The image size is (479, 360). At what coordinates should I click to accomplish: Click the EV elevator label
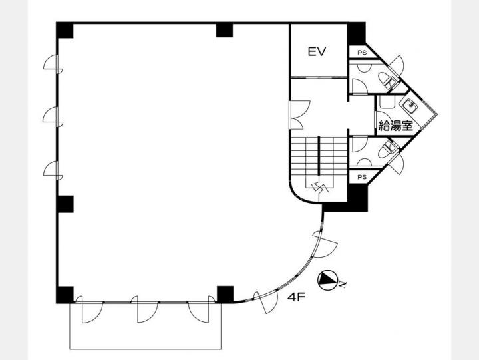pos(317,51)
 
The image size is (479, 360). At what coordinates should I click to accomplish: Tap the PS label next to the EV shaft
pos(362,53)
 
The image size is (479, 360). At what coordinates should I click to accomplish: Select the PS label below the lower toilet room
pos(362,177)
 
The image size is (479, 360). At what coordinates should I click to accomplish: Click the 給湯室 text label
pos(396,125)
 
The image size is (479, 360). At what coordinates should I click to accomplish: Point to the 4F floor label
pos(296,297)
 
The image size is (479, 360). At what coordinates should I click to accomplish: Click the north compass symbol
pos(328,280)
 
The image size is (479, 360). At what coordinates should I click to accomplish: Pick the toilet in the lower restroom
pos(387,150)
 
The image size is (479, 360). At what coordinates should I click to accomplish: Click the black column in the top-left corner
pos(65,30)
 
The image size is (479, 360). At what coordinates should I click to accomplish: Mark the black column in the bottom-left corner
pos(65,295)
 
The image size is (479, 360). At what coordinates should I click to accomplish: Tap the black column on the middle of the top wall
pos(225,30)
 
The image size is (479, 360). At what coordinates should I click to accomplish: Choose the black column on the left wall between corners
pos(65,204)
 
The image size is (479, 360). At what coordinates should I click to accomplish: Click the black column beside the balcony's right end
pos(225,295)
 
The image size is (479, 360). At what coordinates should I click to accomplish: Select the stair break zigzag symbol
pos(319,187)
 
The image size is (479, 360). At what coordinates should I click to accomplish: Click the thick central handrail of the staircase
pos(319,156)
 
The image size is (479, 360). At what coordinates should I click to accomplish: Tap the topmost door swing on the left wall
pos(53,64)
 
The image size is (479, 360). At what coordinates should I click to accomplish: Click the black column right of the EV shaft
pos(357,34)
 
